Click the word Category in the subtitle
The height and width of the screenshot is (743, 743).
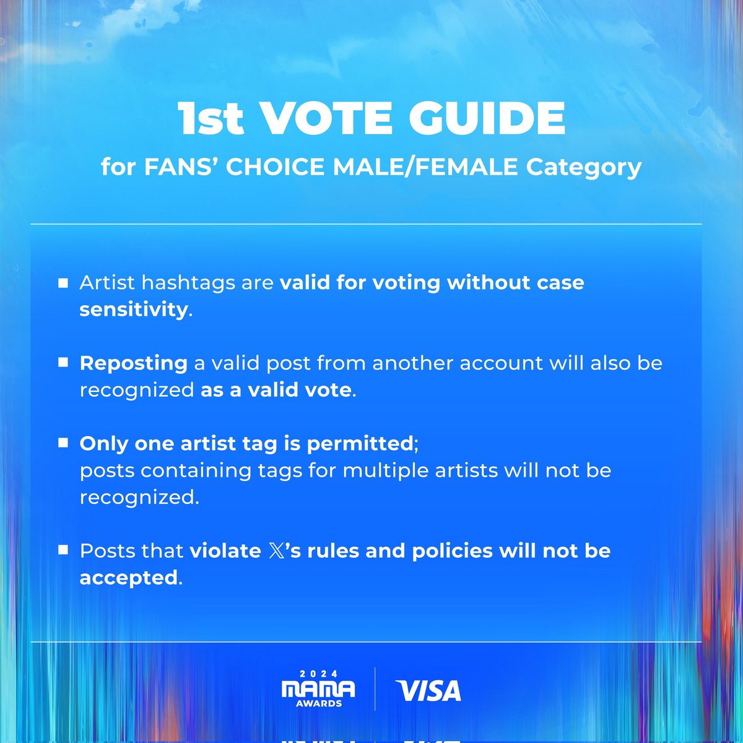point(584,167)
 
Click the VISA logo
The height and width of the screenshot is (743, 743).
point(428,691)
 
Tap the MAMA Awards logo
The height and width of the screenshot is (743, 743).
point(318,689)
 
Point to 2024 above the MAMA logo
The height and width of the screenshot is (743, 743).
point(318,674)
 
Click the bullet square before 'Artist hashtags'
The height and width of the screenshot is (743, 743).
point(63,283)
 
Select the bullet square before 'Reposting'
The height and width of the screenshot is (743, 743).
point(63,363)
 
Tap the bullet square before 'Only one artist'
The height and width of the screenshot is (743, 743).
point(63,443)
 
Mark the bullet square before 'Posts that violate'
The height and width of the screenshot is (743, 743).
point(63,550)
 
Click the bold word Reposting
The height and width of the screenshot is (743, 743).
point(133,363)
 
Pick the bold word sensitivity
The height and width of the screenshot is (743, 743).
point(133,309)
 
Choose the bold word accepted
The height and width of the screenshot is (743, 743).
point(129,577)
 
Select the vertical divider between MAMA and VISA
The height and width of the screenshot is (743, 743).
point(375,689)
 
